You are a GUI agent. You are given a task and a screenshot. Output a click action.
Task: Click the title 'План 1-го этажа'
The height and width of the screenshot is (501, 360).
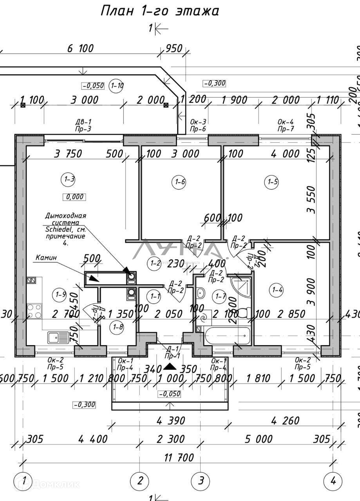159,11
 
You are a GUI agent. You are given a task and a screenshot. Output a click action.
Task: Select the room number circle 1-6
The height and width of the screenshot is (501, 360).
179,181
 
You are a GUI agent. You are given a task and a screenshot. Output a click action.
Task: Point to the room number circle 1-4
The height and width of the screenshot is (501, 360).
277,290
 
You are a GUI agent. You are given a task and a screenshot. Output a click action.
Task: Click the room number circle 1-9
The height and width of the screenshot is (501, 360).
60,294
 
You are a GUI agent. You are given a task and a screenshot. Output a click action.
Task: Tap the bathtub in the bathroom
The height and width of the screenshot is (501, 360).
227,335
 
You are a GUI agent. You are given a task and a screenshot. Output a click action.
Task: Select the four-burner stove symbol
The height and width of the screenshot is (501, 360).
34,311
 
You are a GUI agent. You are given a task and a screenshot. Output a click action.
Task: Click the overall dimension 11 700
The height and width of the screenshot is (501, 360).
176,457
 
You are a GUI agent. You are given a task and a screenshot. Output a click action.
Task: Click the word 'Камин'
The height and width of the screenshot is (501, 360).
46,258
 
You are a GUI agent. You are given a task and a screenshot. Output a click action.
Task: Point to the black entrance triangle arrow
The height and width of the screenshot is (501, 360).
170,367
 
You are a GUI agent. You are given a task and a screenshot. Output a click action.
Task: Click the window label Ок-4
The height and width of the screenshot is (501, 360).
286,122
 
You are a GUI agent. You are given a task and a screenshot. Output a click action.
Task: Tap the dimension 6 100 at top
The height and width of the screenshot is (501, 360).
80,49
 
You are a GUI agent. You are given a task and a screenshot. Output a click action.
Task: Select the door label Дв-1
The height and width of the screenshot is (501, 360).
83,122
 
